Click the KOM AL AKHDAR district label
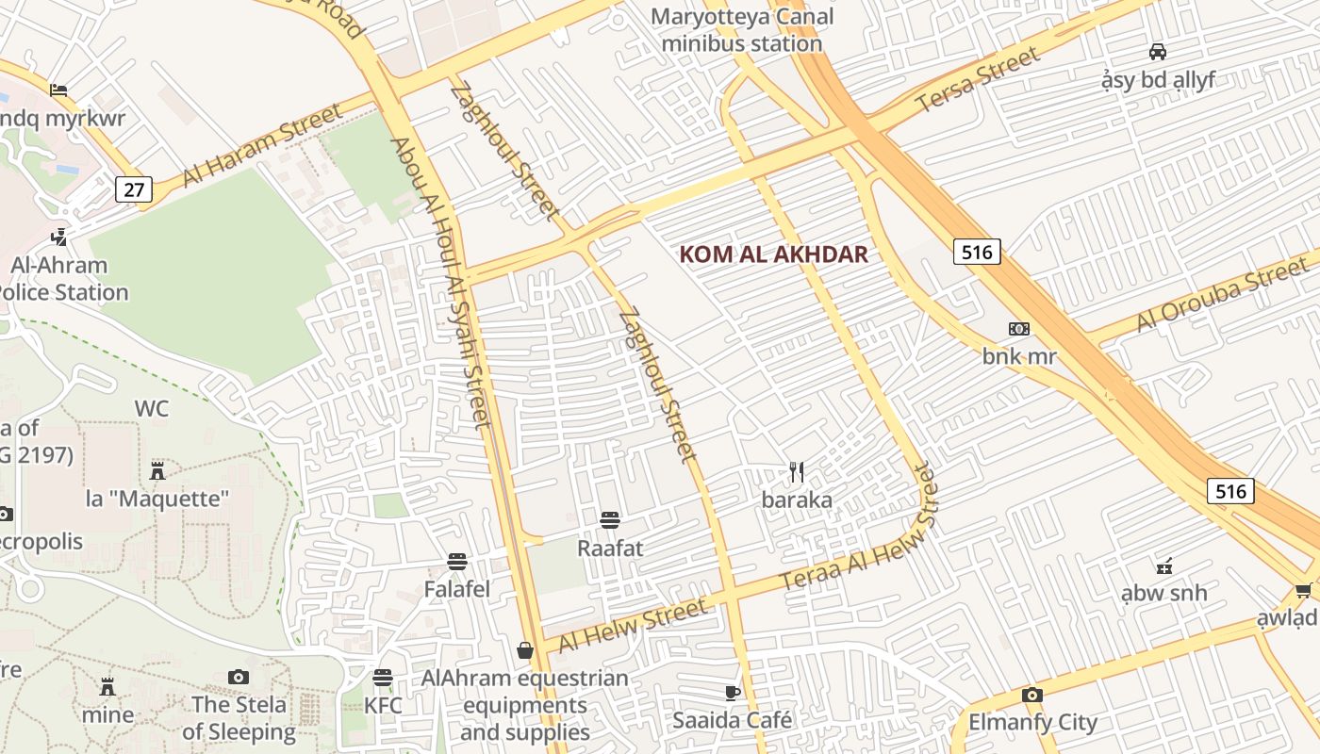(x=773, y=254)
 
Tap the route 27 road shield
(x=134, y=189)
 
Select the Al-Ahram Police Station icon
(x=60, y=236)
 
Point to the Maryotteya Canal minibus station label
(x=742, y=30)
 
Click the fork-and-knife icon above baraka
(x=798, y=471)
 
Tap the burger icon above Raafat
(x=610, y=519)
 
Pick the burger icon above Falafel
(x=457, y=562)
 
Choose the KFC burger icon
(x=382, y=677)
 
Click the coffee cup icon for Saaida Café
(x=733, y=694)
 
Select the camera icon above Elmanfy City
(x=1032, y=696)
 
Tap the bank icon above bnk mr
(x=1019, y=329)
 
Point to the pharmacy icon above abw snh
(x=1164, y=566)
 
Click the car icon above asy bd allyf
(x=1158, y=52)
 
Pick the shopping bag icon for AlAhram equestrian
(x=525, y=650)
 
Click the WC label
(x=152, y=408)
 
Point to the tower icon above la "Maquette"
(x=157, y=470)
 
